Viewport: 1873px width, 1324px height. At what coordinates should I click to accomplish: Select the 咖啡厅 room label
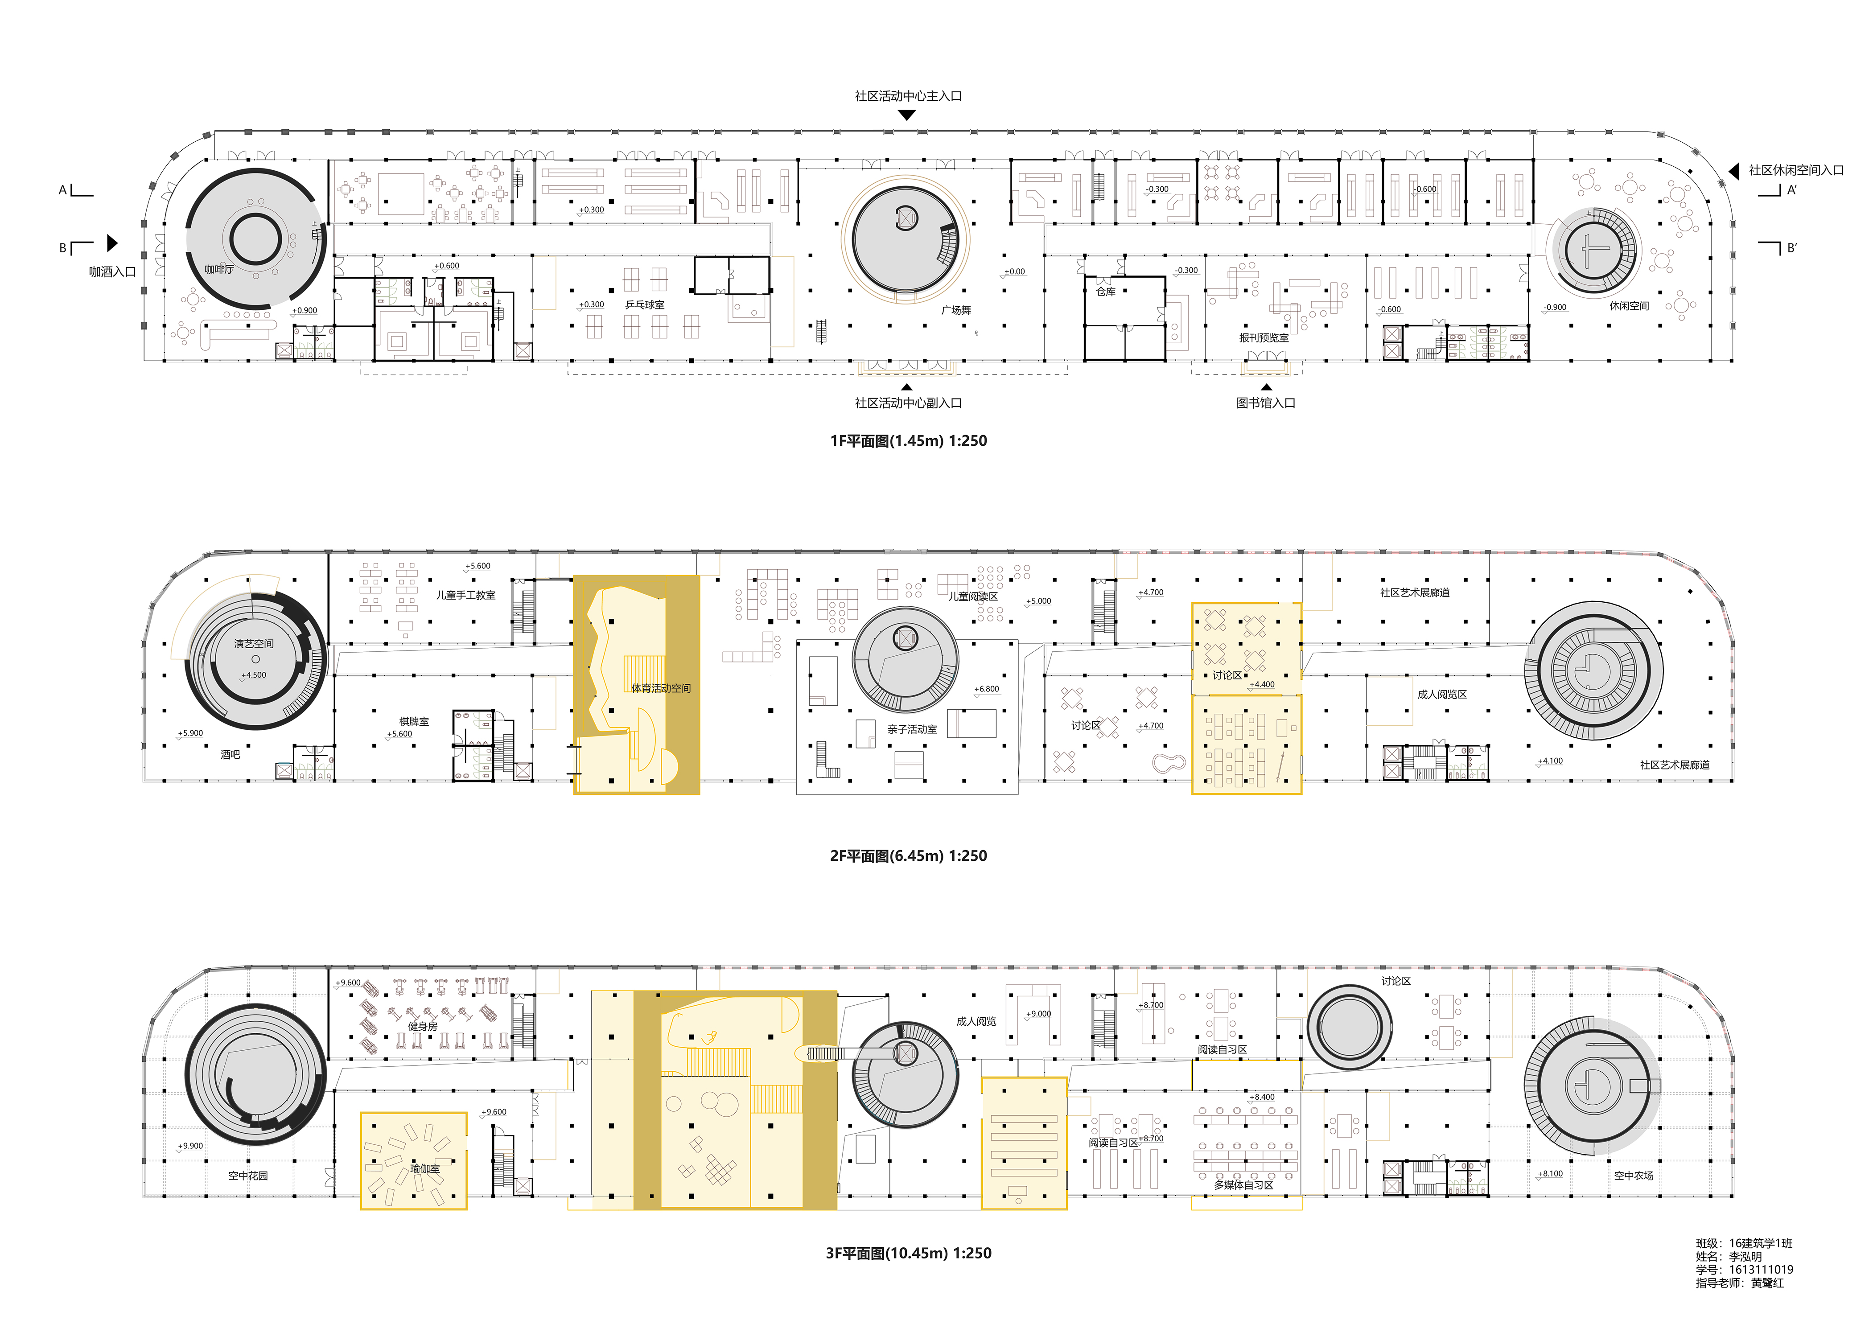[x=218, y=269]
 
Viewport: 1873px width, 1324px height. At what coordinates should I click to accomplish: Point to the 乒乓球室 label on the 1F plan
[x=644, y=305]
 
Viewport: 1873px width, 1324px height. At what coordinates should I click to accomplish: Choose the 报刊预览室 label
[x=1264, y=338]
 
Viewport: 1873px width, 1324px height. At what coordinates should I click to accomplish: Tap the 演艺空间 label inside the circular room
[x=254, y=644]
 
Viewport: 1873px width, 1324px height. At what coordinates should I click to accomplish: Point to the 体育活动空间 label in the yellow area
[x=661, y=688]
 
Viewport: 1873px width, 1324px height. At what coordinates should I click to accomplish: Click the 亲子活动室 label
[x=912, y=729]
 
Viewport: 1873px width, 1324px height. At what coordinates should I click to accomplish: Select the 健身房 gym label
[x=423, y=1026]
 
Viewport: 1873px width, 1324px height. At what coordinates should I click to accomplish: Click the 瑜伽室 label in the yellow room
[x=424, y=1168]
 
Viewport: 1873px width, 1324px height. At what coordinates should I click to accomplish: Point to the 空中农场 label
[x=1633, y=1176]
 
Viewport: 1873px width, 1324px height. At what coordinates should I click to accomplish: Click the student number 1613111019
[x=1761, y=1270]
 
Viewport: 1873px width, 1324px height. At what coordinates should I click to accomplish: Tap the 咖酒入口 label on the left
[x=112, y=271]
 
